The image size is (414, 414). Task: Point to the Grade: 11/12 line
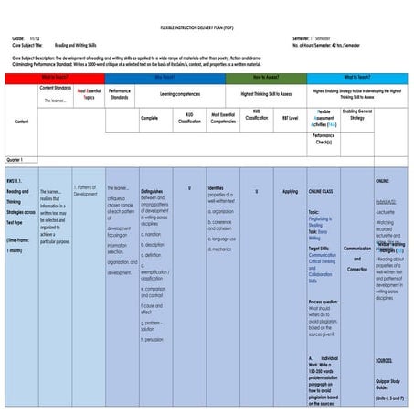[x=25, y=37]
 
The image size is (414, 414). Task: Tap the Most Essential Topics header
[x=89, y=93]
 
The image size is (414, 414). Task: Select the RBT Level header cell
[x=290, y=118]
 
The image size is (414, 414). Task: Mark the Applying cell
[x=290, y=191]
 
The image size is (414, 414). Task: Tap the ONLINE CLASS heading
[x=322, y=191]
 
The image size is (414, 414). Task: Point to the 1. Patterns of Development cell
[x=85, y=190]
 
